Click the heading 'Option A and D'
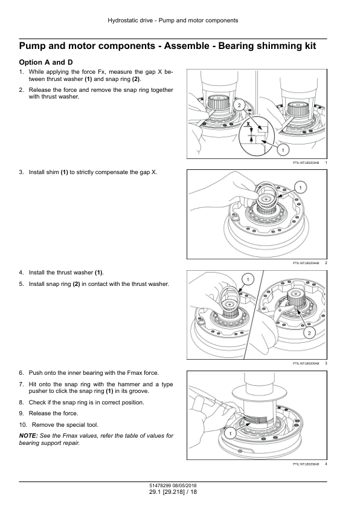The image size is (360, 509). tap(46, 62)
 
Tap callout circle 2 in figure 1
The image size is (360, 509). tap(239, 105)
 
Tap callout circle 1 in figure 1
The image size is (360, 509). tap(283, 150)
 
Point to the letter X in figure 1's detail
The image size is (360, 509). tap(248, 124)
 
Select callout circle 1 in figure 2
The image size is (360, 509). tap(300, 187)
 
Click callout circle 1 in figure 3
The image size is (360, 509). tap(248, 279)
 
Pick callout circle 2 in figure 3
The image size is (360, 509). tap(309, 333)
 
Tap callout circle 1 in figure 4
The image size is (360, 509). tap(230, 433)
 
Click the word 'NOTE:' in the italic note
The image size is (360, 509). tap(28, 436)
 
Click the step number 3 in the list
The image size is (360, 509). tap(21, 172)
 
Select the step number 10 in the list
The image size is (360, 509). tap(23, 424)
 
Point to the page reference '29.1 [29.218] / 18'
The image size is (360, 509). tap(173, 492)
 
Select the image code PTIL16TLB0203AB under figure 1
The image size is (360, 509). tap(306, 162)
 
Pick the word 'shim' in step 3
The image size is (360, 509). tap(53, 172)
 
